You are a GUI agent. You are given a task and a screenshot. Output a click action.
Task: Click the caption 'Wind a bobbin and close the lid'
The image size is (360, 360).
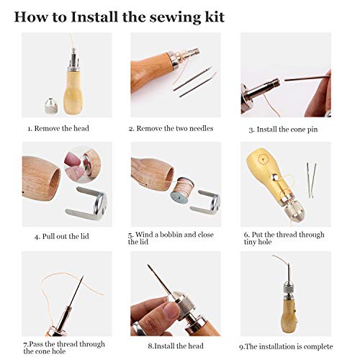tap(170, 238)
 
